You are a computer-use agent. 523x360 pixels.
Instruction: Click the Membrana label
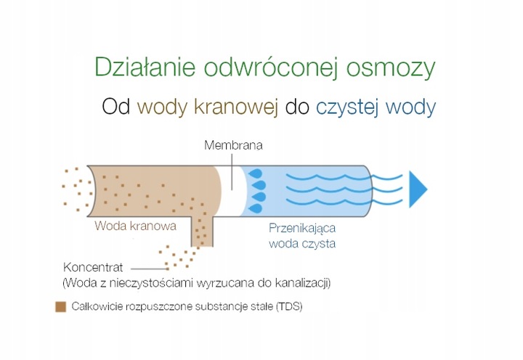point(233,145)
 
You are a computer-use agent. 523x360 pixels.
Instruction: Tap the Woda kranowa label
point(135,226)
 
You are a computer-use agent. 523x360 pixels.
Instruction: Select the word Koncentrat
point(97,266)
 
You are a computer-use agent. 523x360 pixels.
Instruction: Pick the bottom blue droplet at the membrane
point(256,209)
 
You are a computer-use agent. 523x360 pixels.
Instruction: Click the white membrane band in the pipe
point(234,189)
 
